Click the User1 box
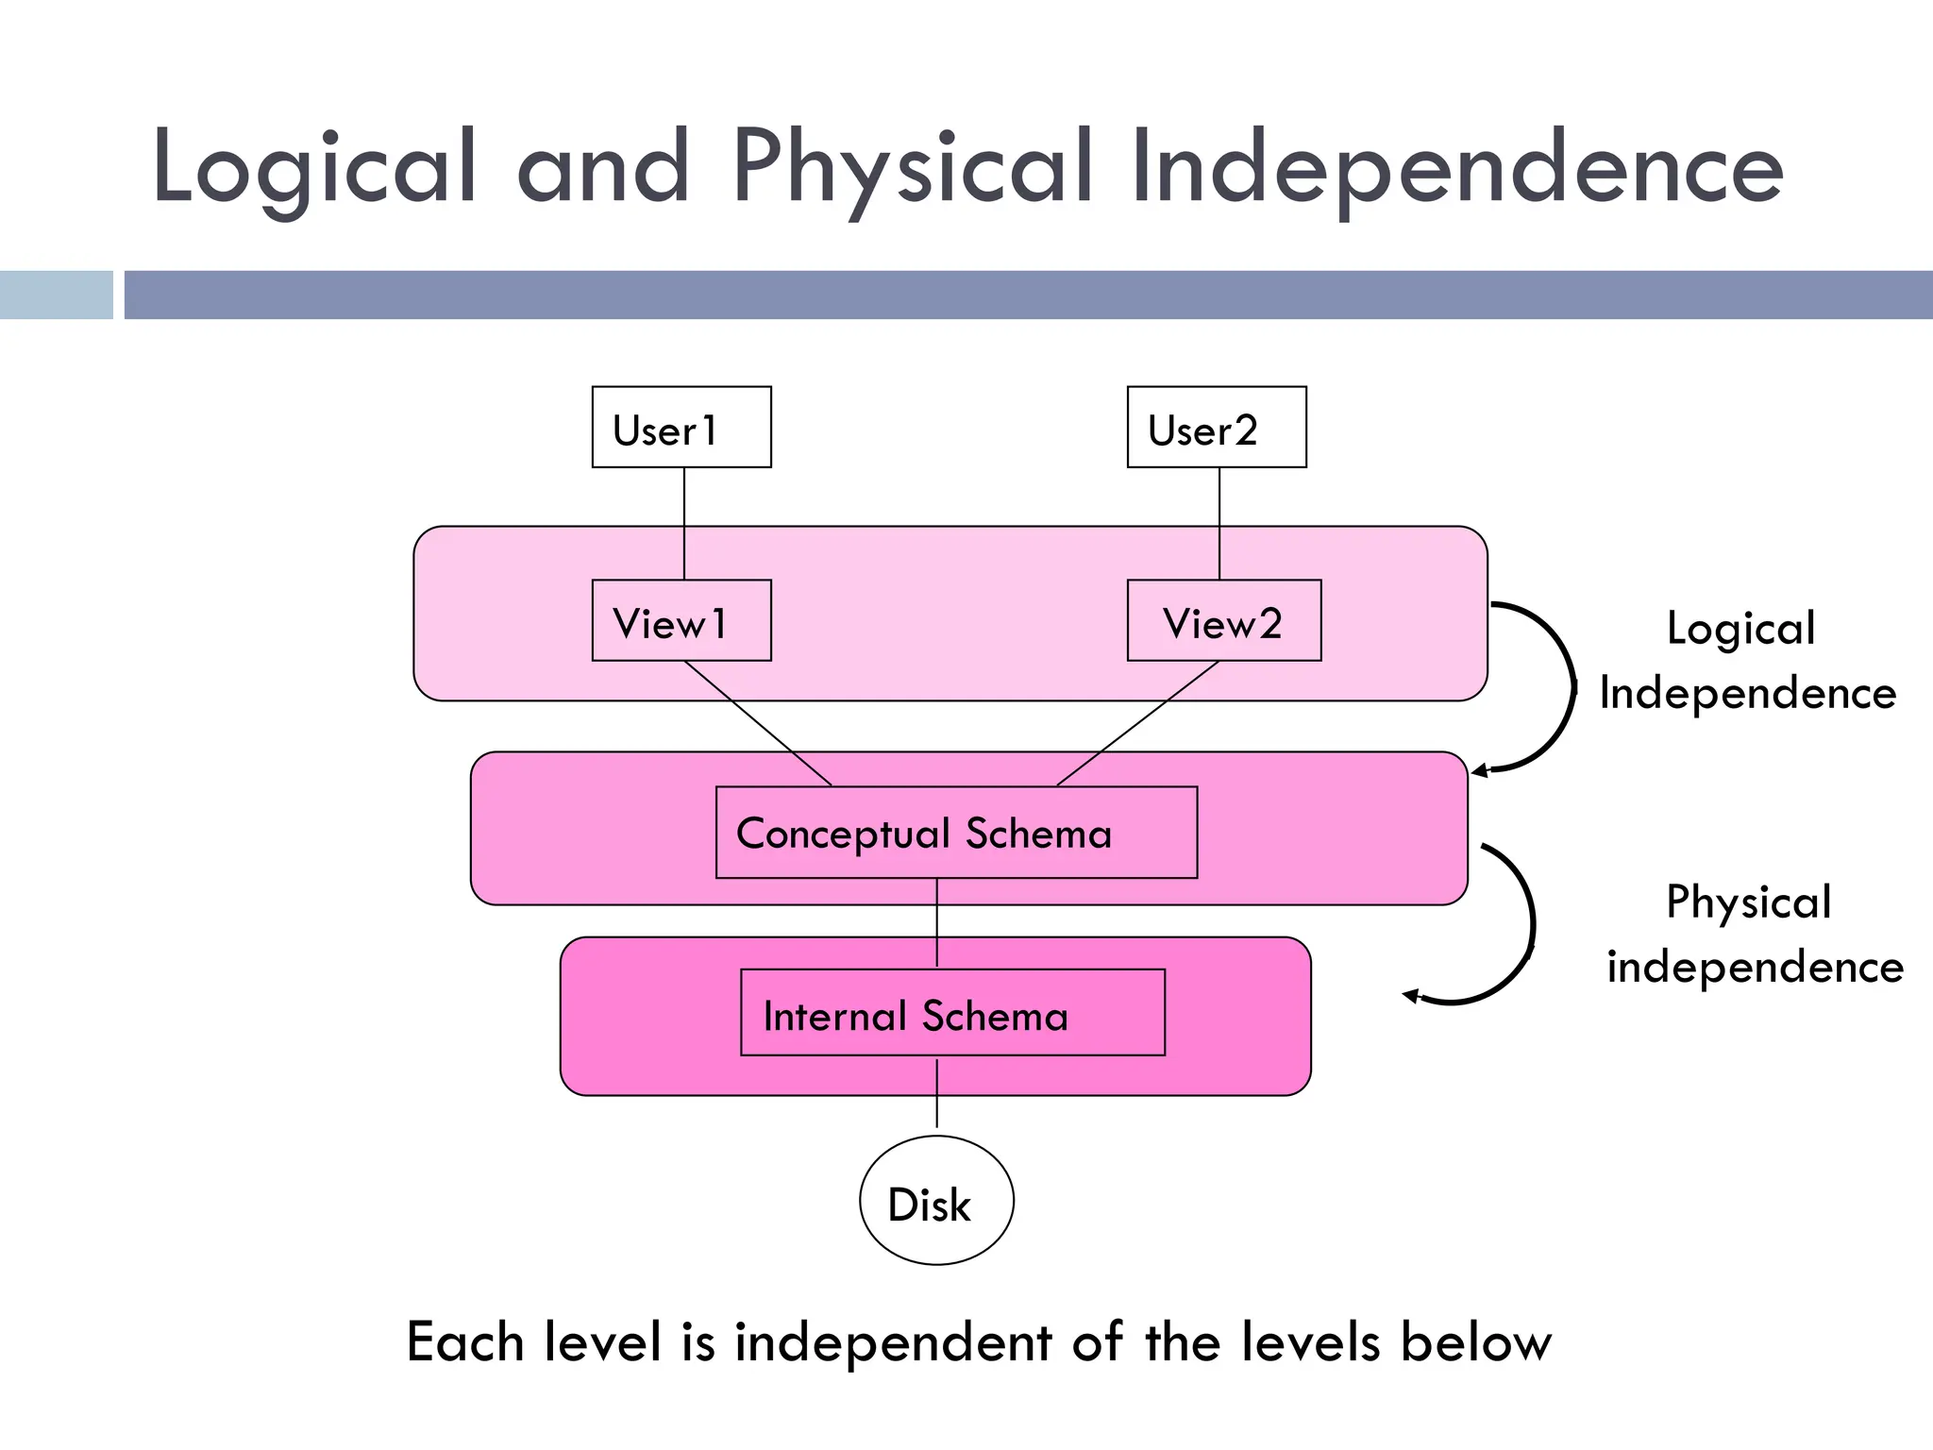681,428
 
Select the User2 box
1217,428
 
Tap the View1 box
681,621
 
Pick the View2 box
1224,621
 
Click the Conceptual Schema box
956,833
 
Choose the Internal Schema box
952,1013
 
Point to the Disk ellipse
936,1201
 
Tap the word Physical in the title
912,168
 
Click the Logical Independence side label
1746,660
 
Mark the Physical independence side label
1754,934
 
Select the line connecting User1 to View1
684,524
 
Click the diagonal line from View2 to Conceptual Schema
1137,723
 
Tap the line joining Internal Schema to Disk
936,1095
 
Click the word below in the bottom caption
1475,1342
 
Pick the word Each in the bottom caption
464,1342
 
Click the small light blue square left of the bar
56,295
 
